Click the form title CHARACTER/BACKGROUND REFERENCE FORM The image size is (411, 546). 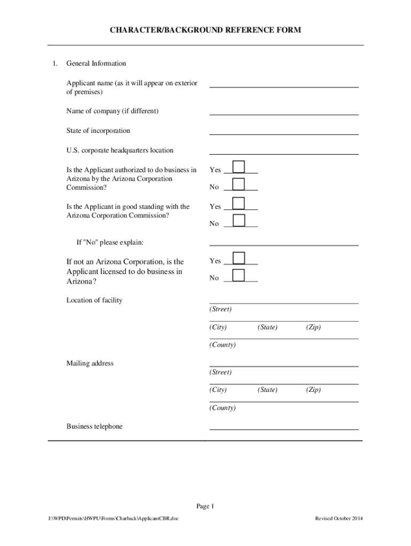tap(205, 30)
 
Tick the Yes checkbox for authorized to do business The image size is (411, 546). tap(239, 167)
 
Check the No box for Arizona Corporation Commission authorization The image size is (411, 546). tap(239, 184)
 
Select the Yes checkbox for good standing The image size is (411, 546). tap(239, 203)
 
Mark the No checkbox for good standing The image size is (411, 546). tap(239, 220)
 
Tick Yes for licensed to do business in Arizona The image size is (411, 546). tap(239, 258)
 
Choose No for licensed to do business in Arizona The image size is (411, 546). tap(239, 275)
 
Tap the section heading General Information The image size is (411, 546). tap(96, 63)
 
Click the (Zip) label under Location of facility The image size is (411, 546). tap(313, 327)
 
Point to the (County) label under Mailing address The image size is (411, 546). tap(223, 408)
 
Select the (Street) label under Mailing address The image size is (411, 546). tap(220, 372)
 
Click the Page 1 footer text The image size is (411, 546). tap(205, 506)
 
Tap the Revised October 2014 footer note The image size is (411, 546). tap(339, 518)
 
